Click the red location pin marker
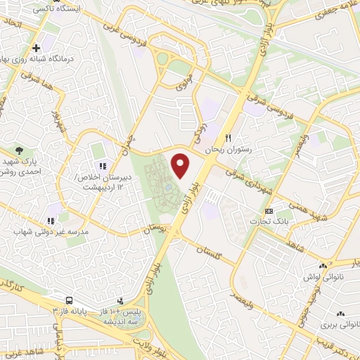pyautogui.click(x=181, y=165)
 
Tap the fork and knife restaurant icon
pyautogui.click(x=227, y=139)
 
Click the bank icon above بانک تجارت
pyautogui.click(x=269, y=211)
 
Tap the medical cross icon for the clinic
pyautogui.click(x=36, y=48)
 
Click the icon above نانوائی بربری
pyautogui.click(x=340, y=314)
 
